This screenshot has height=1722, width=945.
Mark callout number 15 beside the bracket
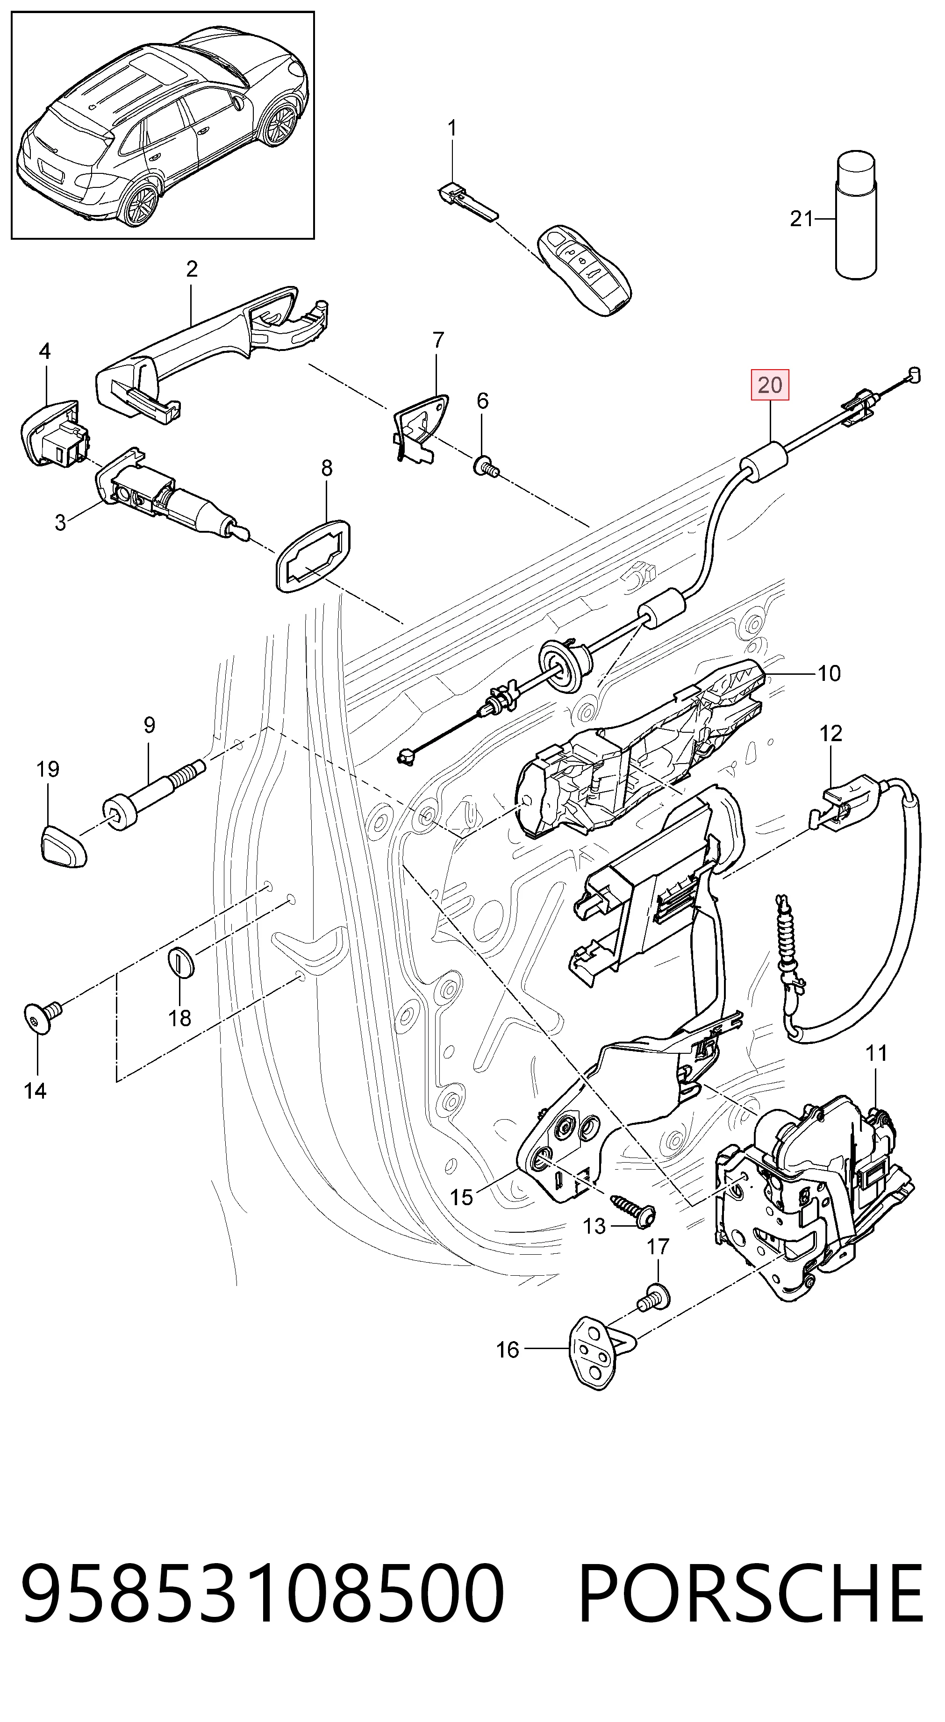pos(461,1197)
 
